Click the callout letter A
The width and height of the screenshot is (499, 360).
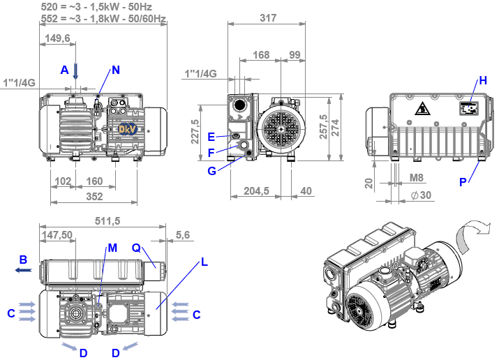pyautogui.click(x=64, y=70)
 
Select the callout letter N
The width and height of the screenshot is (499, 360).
pyautogui.click(x=116, y=70)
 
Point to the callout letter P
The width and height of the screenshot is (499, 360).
pyautogui.click(x=462, y=182)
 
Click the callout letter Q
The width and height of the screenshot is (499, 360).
pyautogui.click(x=136, y=248)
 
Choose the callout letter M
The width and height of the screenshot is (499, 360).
pyautogui.click(x=112, y=248)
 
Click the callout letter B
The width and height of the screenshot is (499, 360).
pyautogui.click(x=24, y=260)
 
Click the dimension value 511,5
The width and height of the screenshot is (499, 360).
pyautogui.click(x=108, y=220)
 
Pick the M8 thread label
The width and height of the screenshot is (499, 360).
pyautogui.click(x=417, y=179)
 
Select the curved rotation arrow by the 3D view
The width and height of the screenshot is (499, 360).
pyautogui.click(x=472, y=234)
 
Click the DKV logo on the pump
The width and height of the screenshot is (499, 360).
pyautogui.click(x=127, y=128)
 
